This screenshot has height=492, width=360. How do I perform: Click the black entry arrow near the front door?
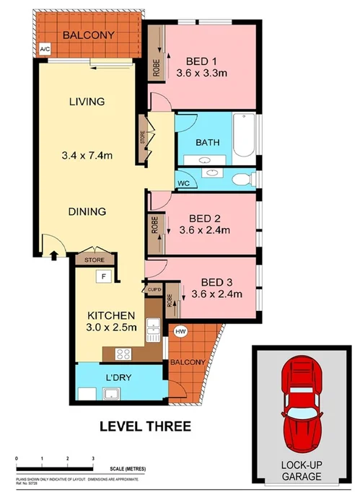[x=56, y=254]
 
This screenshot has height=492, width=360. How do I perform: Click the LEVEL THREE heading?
[x=144, y=426]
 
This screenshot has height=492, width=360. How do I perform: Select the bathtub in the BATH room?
[x=243, y=136]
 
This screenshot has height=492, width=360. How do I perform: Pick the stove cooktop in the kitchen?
[x=120, y=353]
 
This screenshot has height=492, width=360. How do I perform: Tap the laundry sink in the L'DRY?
[x=111, y=393]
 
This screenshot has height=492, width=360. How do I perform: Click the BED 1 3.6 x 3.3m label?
[x=202, y=66]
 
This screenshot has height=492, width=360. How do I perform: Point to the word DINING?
[x=88, y=212]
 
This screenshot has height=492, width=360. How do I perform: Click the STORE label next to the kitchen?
[x=95, y=259]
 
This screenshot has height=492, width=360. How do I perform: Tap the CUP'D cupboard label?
[x=154, y=290]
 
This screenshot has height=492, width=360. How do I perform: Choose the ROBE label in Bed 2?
[x=154, y=225]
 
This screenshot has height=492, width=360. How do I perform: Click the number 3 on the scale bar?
[x=93, y=458]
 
